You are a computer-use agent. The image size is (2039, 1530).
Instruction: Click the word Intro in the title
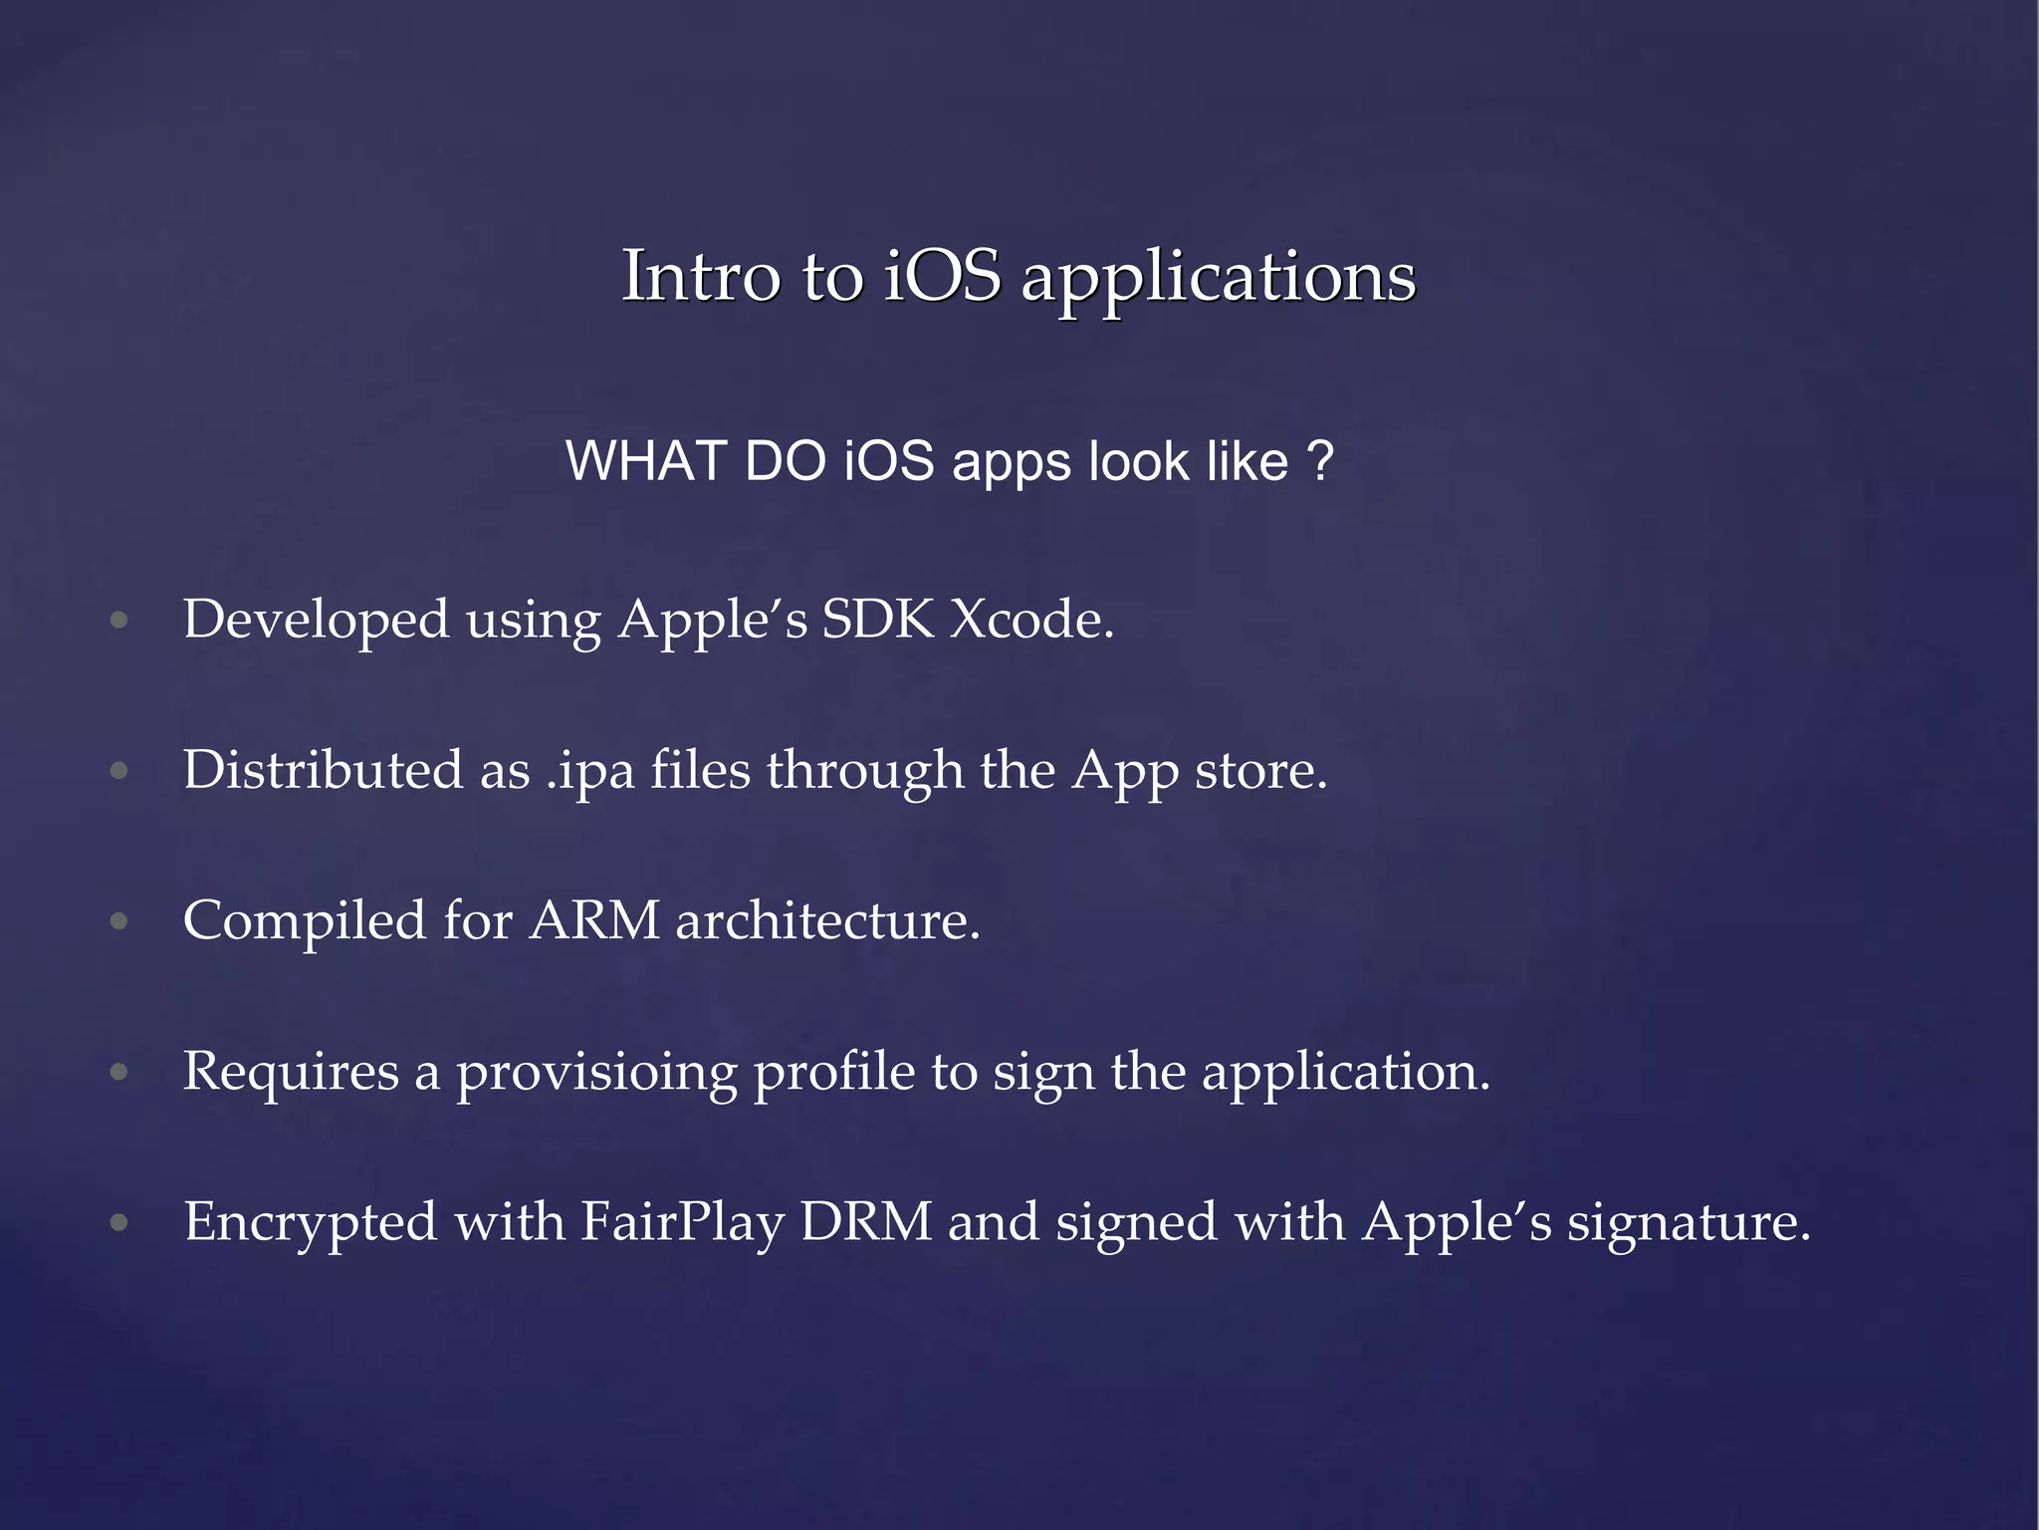700,276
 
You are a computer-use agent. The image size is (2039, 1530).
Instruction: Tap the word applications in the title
1218,278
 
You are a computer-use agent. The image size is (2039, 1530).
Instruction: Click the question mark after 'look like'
1319,461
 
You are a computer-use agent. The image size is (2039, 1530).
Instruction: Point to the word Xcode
1031,620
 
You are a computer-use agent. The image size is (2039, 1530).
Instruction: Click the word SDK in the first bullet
877,620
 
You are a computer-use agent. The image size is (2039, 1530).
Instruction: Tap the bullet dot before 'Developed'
119,621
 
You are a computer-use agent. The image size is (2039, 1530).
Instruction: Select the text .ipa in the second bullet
590,771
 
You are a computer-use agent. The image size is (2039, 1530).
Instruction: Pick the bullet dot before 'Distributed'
119,771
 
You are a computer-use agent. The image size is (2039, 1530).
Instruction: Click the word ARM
594,920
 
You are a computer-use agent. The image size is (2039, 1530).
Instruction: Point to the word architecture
827,920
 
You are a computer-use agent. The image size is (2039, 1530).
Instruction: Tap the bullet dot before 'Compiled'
119,921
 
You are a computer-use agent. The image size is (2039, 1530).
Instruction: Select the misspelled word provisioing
596,1074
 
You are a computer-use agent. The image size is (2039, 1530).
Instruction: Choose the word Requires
291,1072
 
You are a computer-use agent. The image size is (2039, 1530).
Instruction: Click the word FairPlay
681,1222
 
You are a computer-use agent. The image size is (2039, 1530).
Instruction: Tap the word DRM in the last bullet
865,1222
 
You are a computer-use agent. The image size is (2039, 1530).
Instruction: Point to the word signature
1688,1224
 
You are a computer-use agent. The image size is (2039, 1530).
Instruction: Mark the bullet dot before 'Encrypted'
119,1222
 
